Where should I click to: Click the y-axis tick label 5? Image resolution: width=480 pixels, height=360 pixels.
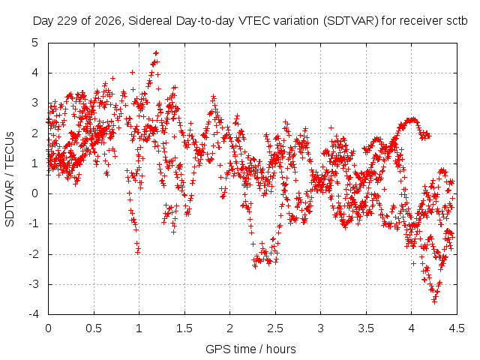point(35,43)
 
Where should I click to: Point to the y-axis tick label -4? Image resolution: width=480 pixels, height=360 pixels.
point(34,314)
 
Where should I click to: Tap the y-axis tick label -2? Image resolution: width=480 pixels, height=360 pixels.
point(34,253)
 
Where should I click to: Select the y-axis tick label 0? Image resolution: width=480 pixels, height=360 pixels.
point(35,193)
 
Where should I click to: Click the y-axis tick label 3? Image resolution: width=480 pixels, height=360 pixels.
point(35,103)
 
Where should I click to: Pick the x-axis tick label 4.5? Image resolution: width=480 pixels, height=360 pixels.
point(457,328)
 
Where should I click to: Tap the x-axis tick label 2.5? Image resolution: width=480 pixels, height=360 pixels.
point(275,328)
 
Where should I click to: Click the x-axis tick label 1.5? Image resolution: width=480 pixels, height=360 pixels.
point(184,328)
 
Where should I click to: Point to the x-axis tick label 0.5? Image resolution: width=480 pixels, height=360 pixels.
point(94,328)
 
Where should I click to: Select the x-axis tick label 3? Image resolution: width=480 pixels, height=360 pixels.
point(320,328)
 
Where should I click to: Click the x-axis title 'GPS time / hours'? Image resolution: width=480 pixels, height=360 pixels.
point(250,349)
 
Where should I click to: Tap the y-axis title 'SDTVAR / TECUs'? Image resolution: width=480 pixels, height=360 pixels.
point(10,179)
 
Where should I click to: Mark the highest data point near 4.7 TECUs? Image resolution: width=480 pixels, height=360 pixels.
point(157,53)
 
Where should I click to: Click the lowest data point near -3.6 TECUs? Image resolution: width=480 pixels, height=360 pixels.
point(434,301)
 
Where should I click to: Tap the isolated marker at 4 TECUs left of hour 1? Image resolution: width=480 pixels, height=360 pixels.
point(132,72)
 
